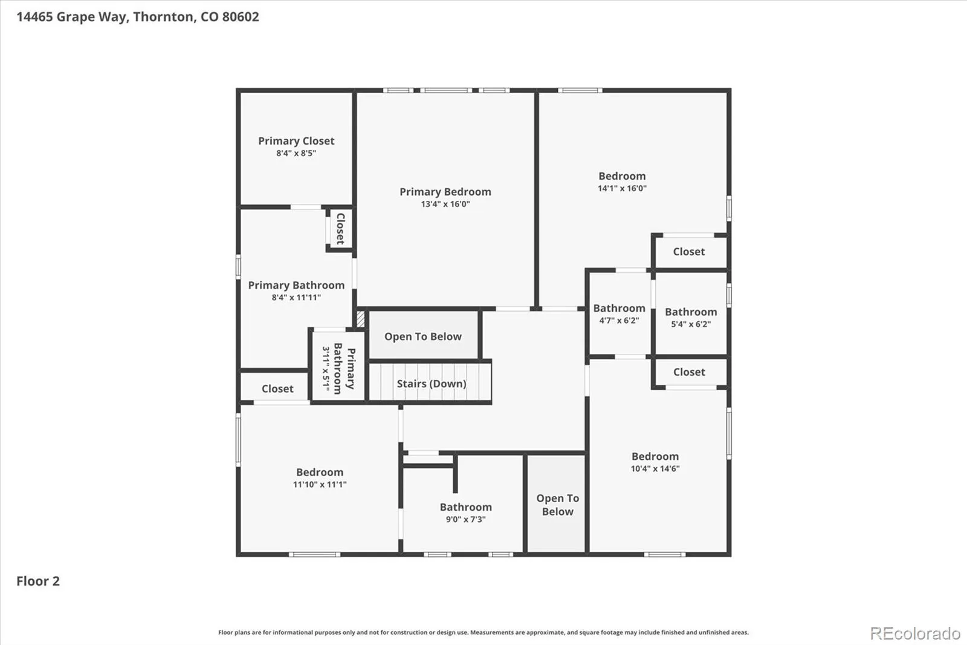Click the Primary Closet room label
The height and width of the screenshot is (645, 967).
(296, 141)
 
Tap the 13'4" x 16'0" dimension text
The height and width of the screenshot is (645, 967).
(445, 204)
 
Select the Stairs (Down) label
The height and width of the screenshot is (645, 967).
(432, 384)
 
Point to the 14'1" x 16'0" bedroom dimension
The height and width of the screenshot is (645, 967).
(622, 188)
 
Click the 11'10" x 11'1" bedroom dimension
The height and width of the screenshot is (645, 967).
(320, 484)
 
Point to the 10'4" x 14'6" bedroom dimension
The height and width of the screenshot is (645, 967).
(655, 468)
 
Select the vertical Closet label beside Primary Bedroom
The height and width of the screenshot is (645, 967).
(341, 228)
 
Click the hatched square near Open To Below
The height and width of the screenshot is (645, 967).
(360, 319)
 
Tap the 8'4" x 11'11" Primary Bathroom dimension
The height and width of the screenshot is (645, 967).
(296, 297)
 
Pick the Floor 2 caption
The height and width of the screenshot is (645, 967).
(38, 581)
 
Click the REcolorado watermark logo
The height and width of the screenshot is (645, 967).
(915, 634)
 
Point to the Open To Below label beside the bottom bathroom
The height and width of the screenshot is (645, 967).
(558, 505)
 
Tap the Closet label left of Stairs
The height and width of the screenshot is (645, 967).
(277, 388)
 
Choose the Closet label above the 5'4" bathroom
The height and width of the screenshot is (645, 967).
(689, 252)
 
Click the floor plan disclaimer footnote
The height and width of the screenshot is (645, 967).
(483, 632)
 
